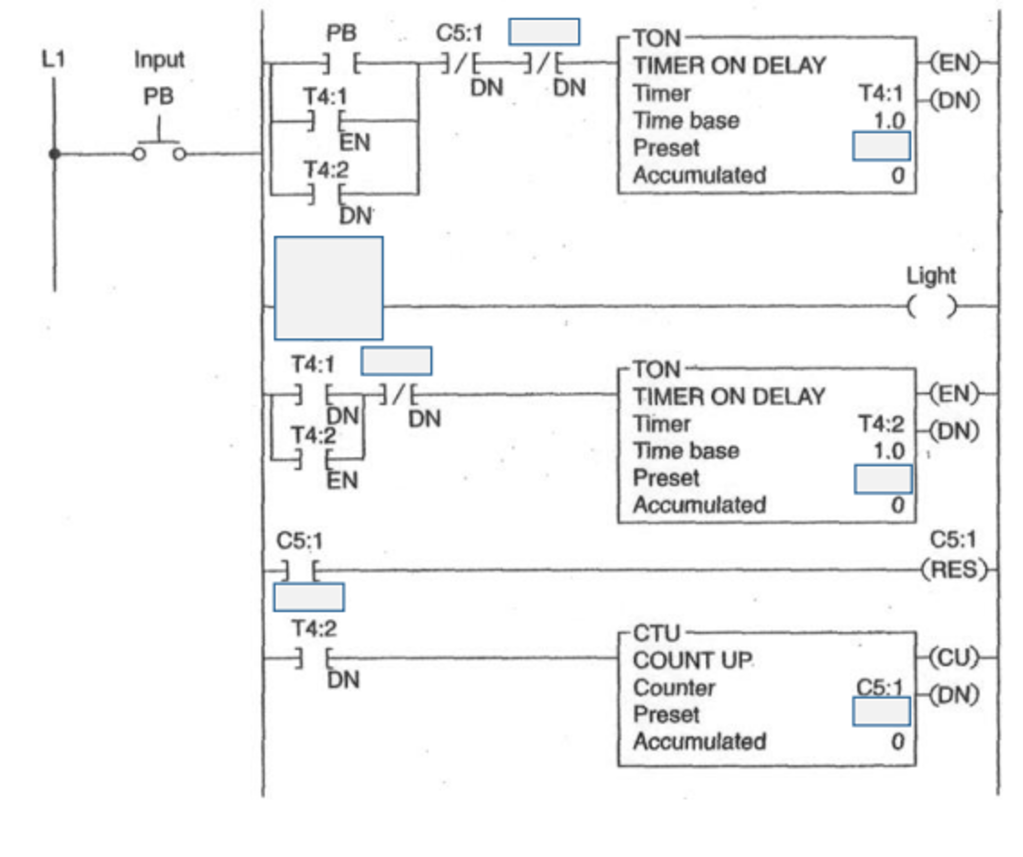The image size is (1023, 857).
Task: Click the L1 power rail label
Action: [x=53, y=59]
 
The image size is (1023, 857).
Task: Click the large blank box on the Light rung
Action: [x=328, y=288]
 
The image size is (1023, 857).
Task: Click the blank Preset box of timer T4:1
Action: [x=881, y=146]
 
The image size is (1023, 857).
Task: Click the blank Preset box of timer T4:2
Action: [x=882, y=479]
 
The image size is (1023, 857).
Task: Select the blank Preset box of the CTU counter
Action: [x=881, y=711]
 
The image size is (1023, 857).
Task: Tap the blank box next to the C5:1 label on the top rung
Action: [x=544, y=32]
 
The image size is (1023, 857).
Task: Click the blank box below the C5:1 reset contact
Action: [x=308, y=597]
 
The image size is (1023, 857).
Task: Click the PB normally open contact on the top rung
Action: [x=341, y=63]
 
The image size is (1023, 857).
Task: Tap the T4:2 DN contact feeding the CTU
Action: [x=313, y=658]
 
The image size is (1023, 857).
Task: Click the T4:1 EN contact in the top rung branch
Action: [x=326, y=121]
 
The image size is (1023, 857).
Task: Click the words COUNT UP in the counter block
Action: [x=692, y=661]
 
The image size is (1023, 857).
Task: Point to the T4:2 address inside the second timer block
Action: [x=881, y=424]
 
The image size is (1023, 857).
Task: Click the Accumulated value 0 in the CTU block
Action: [x=897, y=742]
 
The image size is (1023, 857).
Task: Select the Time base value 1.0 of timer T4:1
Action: [x=889, y=120]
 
